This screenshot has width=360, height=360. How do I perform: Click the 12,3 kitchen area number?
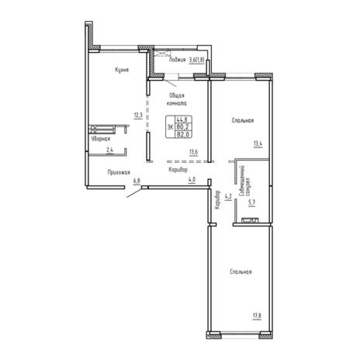pos(137,116)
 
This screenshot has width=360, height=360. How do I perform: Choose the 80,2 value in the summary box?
pos(182,126)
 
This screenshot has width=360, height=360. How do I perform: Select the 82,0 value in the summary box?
pos(182,133)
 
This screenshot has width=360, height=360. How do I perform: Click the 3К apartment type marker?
pos(169,126)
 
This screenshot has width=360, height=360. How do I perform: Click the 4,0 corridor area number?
pos(191,182)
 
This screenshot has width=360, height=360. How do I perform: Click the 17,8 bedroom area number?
pos(256,314)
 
